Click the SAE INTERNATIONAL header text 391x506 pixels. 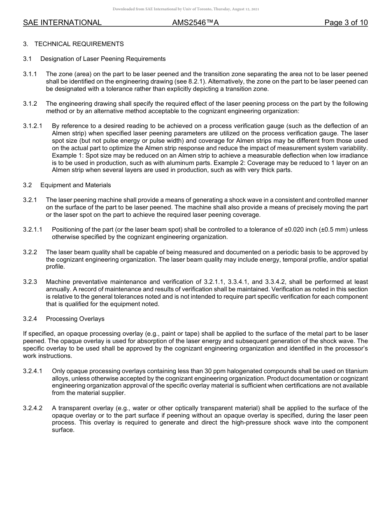[x=62, y=23]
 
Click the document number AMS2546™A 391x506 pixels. [x=195, y=23]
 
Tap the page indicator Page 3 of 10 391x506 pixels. [x=346, y=23]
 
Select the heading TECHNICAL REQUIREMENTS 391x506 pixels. [x=79, y=44]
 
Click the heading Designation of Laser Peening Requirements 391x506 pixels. [x=103, y=59]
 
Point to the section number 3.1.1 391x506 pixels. [x=30, y=74]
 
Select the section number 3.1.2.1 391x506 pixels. [x=33, y=126]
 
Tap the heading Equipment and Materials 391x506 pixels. [x=75, y=185]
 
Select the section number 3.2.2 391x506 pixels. [x=30, y=252]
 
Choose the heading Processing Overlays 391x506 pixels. [x=75, y=319]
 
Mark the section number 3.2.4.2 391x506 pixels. [x=33, y=408]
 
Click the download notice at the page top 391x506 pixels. [x=186, y=9]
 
